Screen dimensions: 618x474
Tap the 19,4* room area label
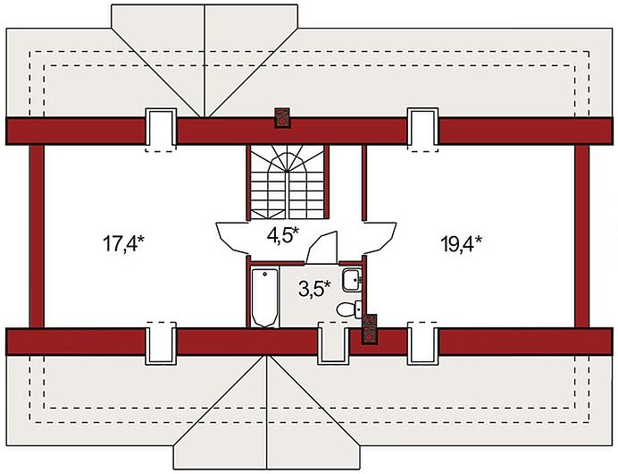pyautogui.click(x=461, y=243)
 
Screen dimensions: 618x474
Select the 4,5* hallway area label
pyautogui.click(x=283, y=235)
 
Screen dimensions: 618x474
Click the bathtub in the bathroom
pyautogui.click(x=264, y=298)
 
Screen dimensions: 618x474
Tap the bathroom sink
pyautogui.click(x=352, y=280)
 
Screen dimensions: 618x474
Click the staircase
pyautogui.click(x=287, y=182)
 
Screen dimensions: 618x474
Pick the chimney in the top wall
pyautogui.click(x=282, y=118)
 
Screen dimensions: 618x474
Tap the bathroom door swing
pyautogui.click(x=322, y=248)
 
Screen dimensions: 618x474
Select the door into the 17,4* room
pyautogui.click(x=232, y=238)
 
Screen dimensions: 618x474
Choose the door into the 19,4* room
pyautogui.click(x=380, y=238)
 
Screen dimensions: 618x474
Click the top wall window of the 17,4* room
pyautogui.click(x=161, y=131)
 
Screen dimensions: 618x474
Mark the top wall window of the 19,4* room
pyautogui.click(x=423, y=131)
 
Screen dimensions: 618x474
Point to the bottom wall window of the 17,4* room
pyautogui.click(x=161, y=343)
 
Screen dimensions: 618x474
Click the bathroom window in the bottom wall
pyautogui.click(x=333, y=343)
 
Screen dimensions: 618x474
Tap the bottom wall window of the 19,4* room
pyautogui.click(x=423, y=343)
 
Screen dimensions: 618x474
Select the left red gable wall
pyautogui.click(x=37, y=236)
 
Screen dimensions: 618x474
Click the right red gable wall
pyautogui.click(x=581, y=236)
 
